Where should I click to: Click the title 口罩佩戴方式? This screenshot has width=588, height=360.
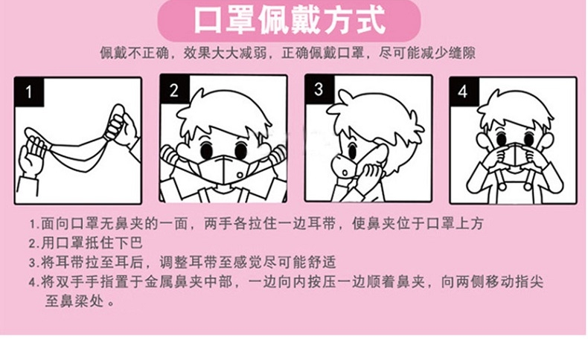289,20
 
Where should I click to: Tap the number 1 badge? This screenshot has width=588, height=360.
29,91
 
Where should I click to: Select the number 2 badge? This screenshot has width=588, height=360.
174,90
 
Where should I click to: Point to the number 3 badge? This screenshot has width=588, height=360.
319,89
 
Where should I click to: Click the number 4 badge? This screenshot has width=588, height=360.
464,91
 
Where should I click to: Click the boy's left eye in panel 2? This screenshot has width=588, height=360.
206,149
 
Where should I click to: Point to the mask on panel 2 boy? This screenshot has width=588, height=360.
222,170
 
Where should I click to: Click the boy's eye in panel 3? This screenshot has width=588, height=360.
353,150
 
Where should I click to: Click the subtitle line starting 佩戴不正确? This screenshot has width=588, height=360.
287,53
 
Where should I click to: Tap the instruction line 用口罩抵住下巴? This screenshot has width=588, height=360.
86,242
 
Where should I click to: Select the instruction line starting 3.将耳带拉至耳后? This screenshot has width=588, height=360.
182,263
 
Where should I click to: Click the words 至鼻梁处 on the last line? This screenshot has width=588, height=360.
74,300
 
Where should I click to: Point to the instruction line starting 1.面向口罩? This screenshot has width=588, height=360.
256,224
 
